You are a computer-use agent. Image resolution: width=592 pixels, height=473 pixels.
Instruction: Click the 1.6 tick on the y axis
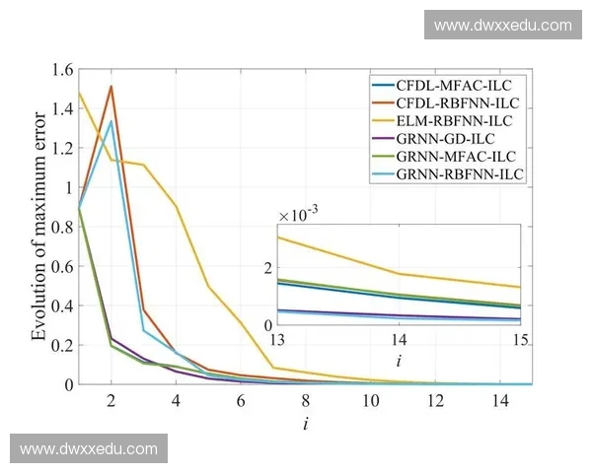[x=60, y=70]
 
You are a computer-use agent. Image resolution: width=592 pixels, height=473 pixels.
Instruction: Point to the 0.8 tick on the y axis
[x=60, y=227]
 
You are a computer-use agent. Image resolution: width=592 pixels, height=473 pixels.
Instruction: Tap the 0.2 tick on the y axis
[x=60, y=345]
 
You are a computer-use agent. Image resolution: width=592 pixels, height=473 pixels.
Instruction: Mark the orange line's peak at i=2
[x=111, y=87]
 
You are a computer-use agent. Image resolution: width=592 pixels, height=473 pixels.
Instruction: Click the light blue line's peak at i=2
[x=111, y=121]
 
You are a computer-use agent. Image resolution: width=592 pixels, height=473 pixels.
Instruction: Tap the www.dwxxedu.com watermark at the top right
[x=502, y=25]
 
